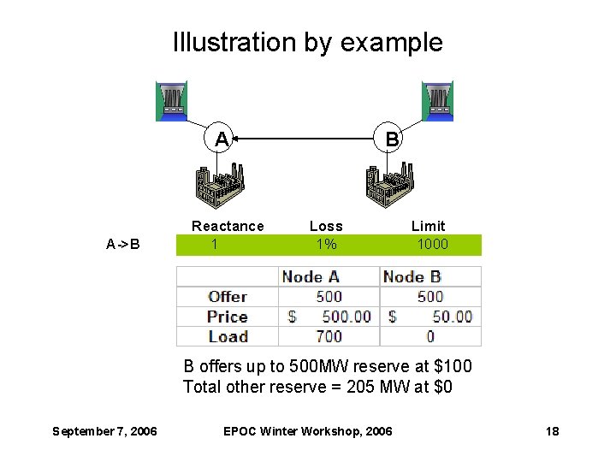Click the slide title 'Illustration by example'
tap(308, 42)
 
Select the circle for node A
tap(222, 139)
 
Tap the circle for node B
tap(391, 139)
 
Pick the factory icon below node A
tap(220, 185)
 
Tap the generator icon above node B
tap(437, 101)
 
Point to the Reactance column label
tap(228, 226)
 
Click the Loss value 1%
tap(326, 245)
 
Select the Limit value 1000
tap(432, 245)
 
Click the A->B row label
tap(123, 245)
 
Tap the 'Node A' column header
tap(311, 276)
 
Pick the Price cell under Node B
tap(430, 317)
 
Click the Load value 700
tap(329, 336)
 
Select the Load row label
tap(228, 336)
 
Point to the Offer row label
tap(228, 296)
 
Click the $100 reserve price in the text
tap(453, 367)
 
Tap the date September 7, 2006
tap(104, 431)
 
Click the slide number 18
tap(552, 431)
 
